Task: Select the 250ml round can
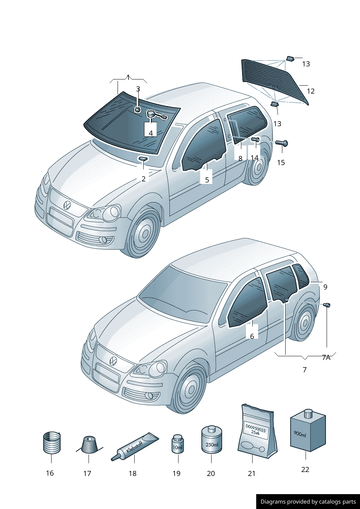[212, 440]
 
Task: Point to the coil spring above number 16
[52, 443]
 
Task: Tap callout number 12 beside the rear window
[311, 91]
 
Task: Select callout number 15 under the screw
[281, 163]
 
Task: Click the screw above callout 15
[282, 143]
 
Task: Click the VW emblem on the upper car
[67, 205]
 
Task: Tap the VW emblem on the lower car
[113, 361]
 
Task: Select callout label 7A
[326, 358]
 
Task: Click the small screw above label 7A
[327, 305]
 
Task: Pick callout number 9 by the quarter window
[325, 287]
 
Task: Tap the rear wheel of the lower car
[304, 323]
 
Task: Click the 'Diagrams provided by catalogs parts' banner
[308, 502]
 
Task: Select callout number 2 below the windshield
[144, 179]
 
